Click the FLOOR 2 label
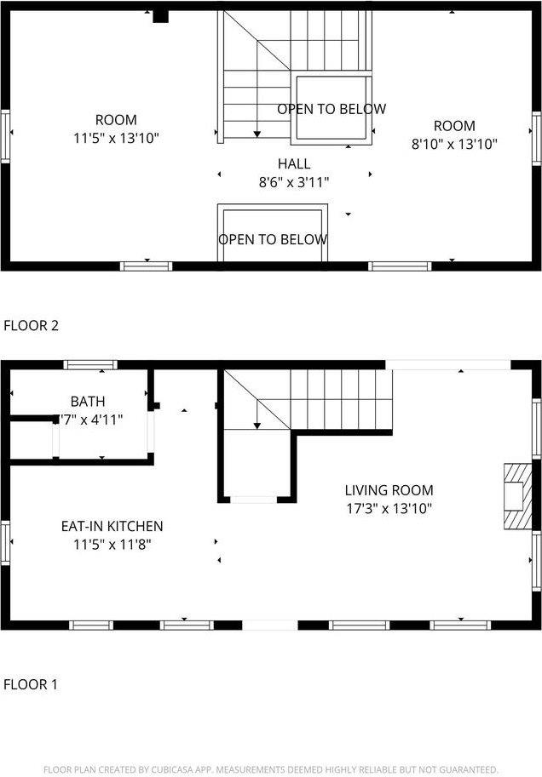[32, 324]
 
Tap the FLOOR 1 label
[32, 683]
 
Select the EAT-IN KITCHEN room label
[112, 527]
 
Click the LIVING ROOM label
[389, 490]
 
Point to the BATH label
[88, 401]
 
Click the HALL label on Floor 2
[294, 163]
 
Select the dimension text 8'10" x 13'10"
[454, 144]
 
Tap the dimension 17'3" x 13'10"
[389, 509]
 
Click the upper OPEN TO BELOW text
[331, 109]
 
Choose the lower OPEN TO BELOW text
[273, 239]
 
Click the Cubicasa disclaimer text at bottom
[271, 768]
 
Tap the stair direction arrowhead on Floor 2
[257, 134]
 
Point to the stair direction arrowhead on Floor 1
[257, 426]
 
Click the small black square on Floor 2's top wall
[159, 16]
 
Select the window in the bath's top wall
[91, 365]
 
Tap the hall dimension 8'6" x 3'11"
[294, 181]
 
